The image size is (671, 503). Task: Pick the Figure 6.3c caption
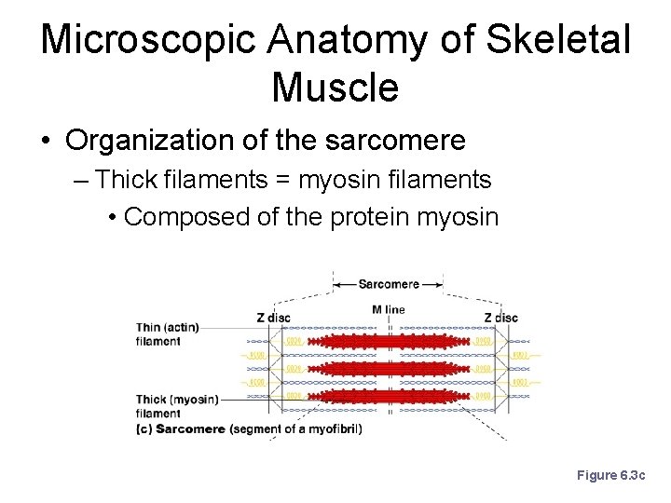(x=610, y=475)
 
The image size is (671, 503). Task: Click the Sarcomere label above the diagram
(x=389, y=283)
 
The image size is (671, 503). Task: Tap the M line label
(x=389, y=309)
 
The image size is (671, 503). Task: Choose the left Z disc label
(x=273, y=318)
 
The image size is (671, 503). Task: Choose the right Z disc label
(x=500, y=318)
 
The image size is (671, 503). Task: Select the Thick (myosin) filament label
(x=176, y=405)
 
